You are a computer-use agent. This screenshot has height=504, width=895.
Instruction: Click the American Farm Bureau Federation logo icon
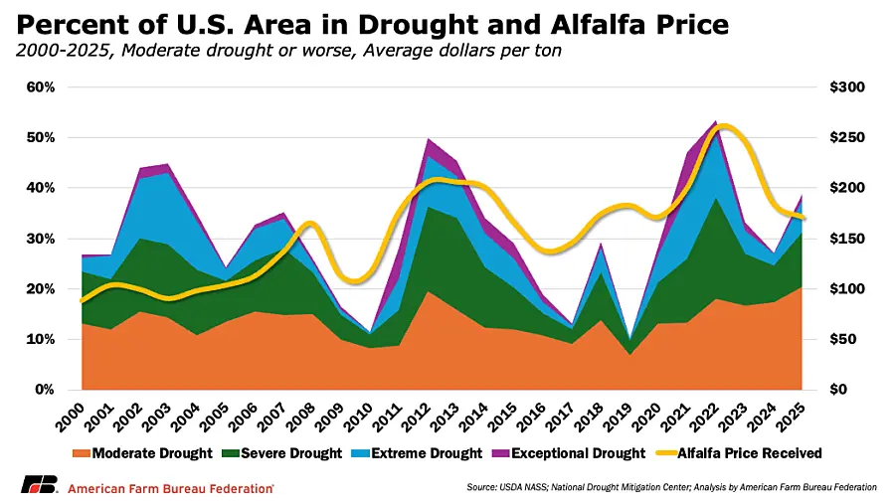(41, 486)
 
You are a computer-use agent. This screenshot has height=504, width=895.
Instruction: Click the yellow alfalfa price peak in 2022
(725, 126)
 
